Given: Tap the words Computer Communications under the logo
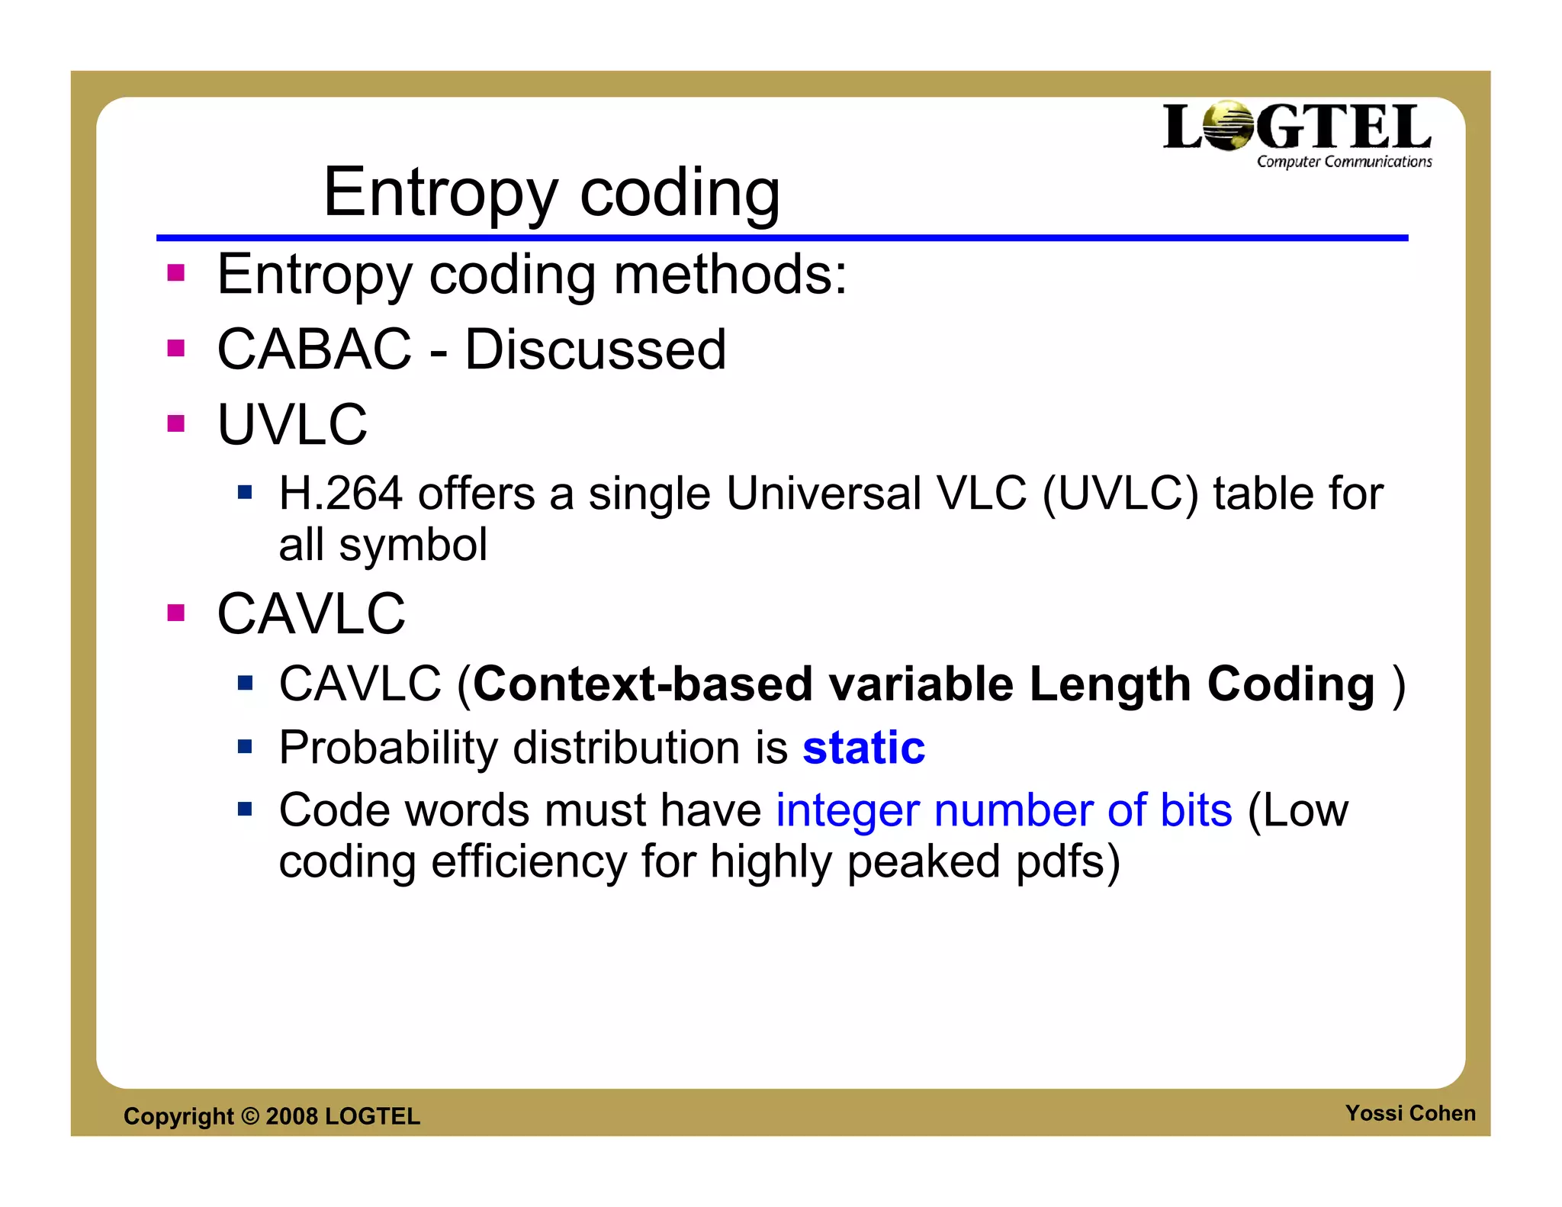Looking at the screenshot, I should [x=1344, y=162].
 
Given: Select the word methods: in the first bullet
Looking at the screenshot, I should [x=730, y=274].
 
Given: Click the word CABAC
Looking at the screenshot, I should [x=314, y=349].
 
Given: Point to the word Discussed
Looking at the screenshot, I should [x=595, y=349].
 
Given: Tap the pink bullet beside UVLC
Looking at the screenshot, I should [x=176, y=423].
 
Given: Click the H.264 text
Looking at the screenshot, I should [x=340, y=493].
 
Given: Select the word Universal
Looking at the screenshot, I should [x=824, y=493].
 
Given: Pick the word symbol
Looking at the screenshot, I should [x=413, y=545].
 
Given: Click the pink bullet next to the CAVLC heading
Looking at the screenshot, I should [x=176, y=613].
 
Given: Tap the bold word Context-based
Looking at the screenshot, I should [x=643, y=684].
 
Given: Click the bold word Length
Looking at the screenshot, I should [x=1110, y=684].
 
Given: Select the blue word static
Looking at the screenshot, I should [x=863, y=747].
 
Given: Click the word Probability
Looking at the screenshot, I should [x=387, y=747].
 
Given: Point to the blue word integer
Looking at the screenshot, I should [x=847, y=810].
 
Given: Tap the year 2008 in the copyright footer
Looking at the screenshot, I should [x=291, y=1116].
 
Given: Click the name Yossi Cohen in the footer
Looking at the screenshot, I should [x=1409, y=1113].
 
